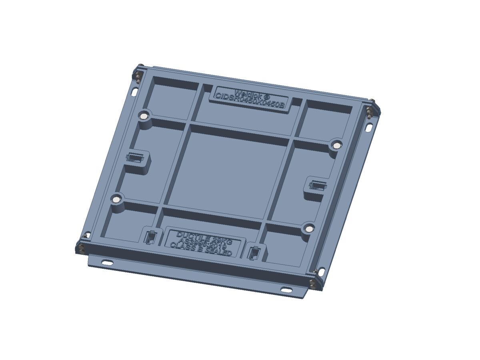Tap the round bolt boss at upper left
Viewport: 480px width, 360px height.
coord(143,116)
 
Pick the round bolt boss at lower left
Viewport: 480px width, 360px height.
coord(116,199)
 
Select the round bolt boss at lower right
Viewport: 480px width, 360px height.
coord(308,228)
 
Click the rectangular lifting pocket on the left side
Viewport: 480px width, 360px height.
coord(135,158)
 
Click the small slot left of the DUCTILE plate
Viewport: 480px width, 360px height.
coord(150,238)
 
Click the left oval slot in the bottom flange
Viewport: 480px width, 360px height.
coord(107,263)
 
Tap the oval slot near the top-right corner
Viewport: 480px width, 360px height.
coord(370,128)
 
